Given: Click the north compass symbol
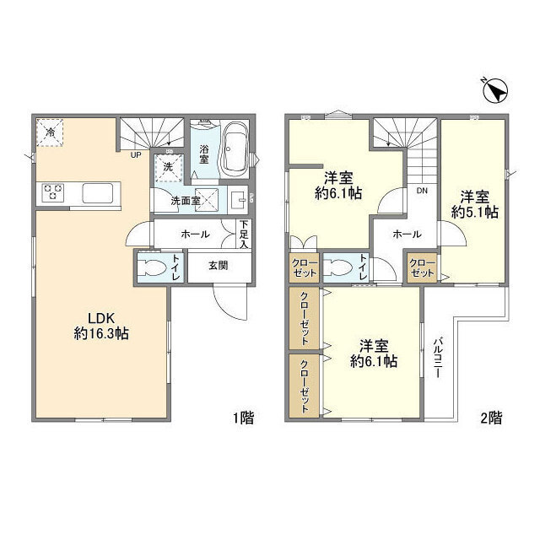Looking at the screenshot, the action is pyautogui.click(x=496, y=91).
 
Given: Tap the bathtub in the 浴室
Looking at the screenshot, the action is pyautogui.click(x=235, y=149).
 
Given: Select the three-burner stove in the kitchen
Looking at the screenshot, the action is pyautogui.click(x=52, y=192).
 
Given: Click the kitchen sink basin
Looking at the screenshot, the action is pyautogui.click(x=98, y=193).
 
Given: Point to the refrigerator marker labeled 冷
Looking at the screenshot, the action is pyautogui.click(x=50, y=132).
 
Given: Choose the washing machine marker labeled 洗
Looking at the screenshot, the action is pyautogui.click(x=169, y=168).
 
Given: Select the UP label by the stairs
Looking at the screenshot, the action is pyautogui.click(x=136, y=155).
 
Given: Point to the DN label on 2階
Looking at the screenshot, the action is pyautogui.click(x=422, y=191).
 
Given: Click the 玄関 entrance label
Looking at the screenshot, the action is pyautogui.click(x=219, y=266).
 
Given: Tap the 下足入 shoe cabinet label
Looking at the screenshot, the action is pyautogui.click(x=244, y=235).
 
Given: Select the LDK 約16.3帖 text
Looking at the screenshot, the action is pyautogui.click(x=101, y=326).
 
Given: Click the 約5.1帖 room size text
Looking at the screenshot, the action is pyautogui.click(x=475, y=212).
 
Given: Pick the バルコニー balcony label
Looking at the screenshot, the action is pyautogui.click(x=438, y=358).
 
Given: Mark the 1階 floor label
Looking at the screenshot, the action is pyautogui.click(x=244, y=418).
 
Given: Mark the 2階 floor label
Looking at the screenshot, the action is pyautogui.click(x=491, y=418).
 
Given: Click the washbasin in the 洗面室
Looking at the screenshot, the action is pyautogui.click(x=237, y=199).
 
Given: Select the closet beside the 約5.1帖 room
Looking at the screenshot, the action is pyautogui.click(x=422, y=268).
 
